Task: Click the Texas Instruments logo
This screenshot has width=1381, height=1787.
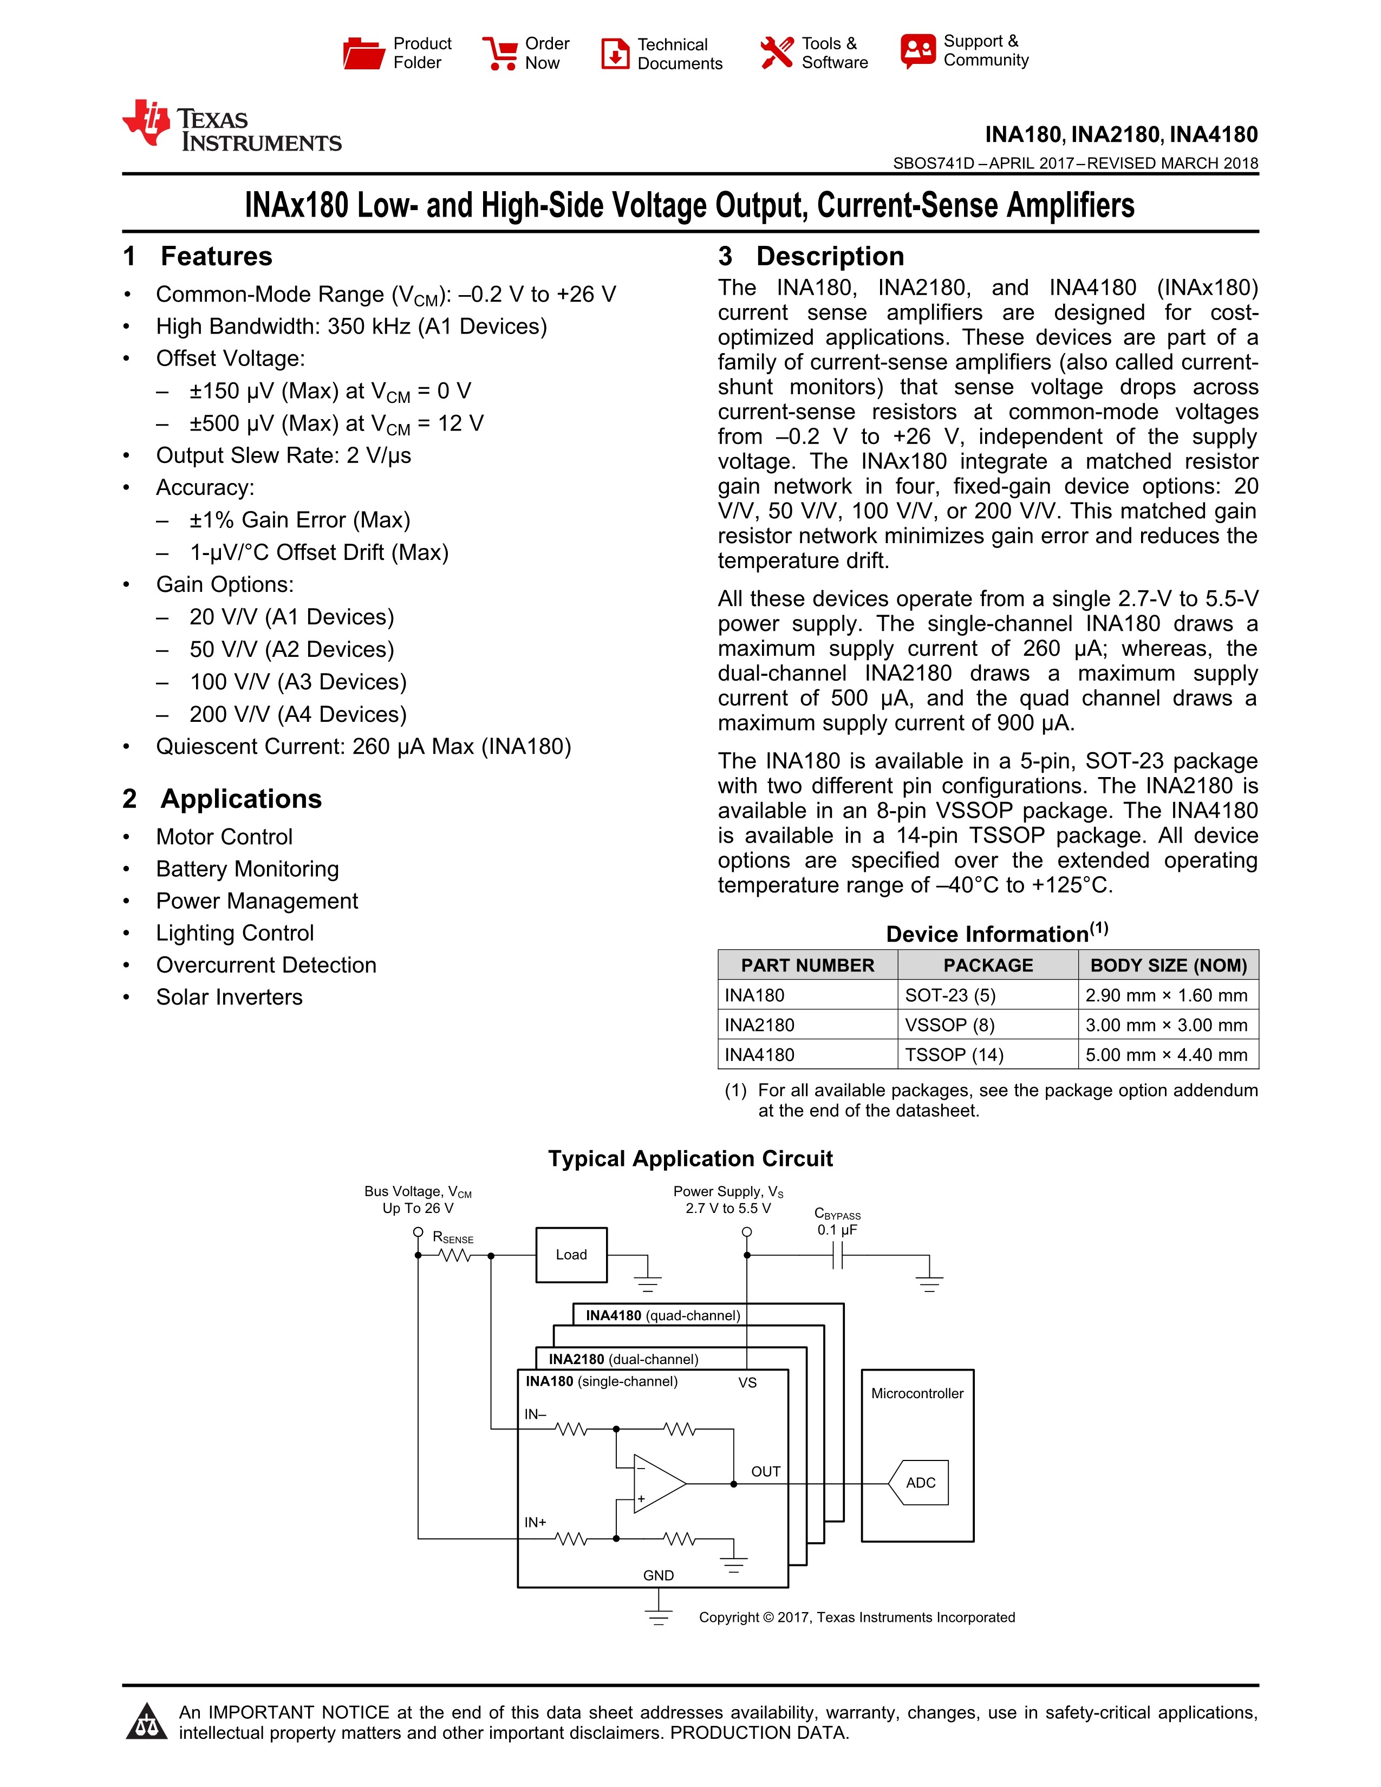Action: (x=232, y=127)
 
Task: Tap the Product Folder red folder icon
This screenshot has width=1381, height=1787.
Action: (x=363, y=53)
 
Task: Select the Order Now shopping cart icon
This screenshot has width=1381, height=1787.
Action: (x=499, y=53)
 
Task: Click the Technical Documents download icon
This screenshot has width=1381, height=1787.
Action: (x=615, y=53)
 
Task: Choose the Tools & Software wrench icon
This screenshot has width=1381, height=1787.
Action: (x=777, y=53)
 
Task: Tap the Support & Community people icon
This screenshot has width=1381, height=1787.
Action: (x=917, y=51)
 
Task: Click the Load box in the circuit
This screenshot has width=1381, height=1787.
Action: (x=571, y=1254)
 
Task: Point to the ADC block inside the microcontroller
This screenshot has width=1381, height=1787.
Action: (x=920, y=1483)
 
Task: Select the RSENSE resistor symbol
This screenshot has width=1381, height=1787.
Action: (x=454, y=1255)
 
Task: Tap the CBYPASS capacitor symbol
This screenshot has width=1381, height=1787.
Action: (x=837, y=1255)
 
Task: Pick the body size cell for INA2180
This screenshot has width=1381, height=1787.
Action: (x=1166, y=1025)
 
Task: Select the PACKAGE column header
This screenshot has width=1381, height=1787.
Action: (x=987, y=966)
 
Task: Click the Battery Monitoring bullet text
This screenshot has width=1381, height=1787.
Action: (x=247, y=869)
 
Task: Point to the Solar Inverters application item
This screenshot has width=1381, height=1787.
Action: (x=229, y=997)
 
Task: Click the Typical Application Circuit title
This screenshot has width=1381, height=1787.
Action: (x=689, y=1159)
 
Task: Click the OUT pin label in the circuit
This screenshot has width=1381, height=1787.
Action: (x=766, y=1471)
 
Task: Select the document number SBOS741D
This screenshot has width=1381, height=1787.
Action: (x=934, y=163)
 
